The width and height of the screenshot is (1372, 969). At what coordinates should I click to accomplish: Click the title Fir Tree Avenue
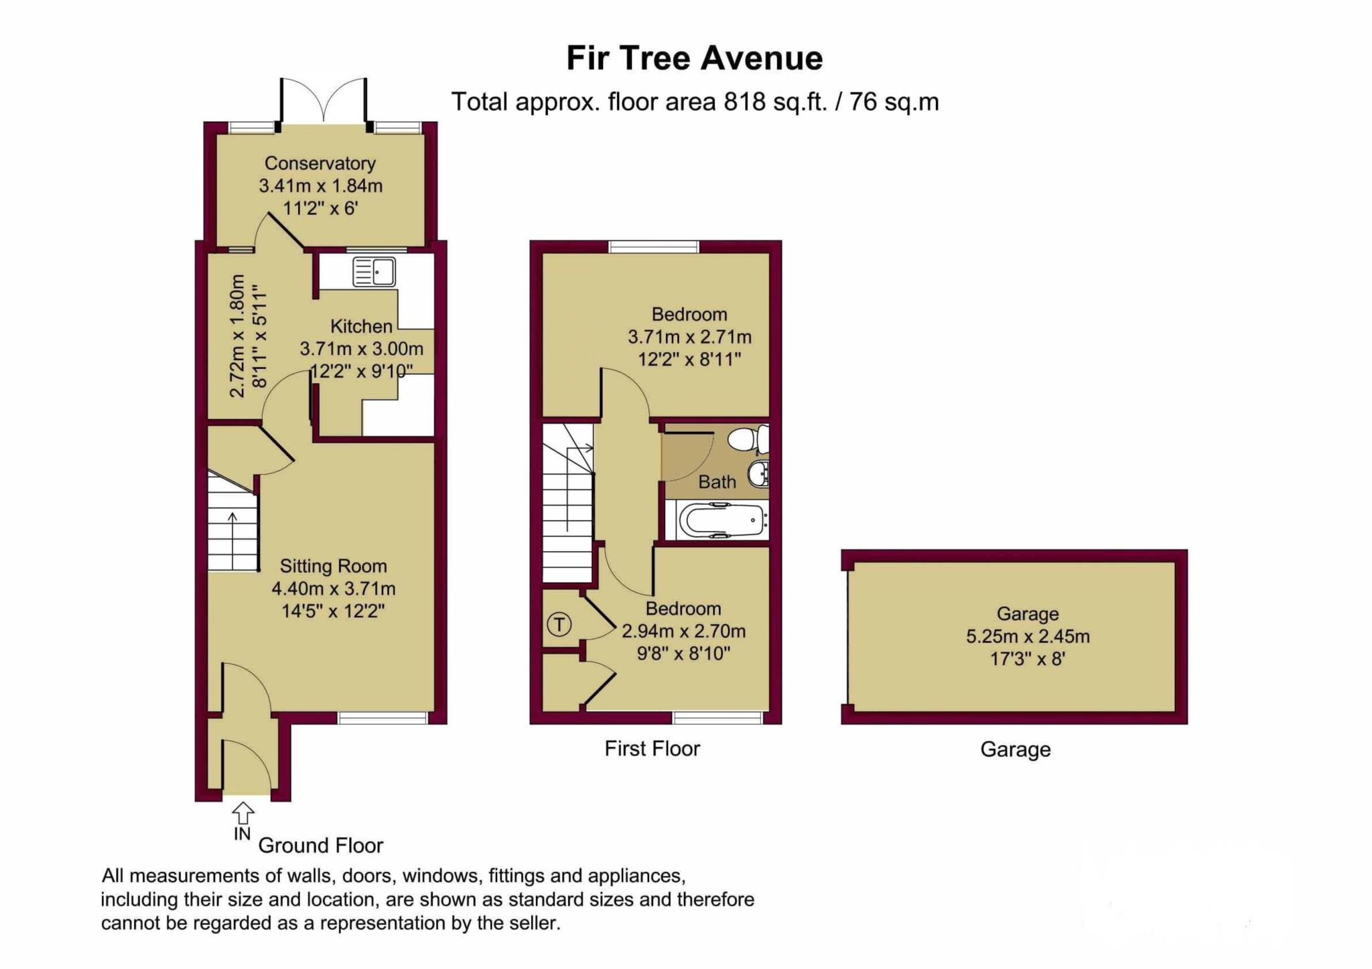[x=694, y=58]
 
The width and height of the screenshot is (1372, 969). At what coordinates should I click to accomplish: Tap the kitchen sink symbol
[x=374, y=273]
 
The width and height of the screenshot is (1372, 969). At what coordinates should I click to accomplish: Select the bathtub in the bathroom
[x=722, y=521]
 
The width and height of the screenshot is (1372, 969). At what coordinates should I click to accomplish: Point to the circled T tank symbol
[x=559, y=625]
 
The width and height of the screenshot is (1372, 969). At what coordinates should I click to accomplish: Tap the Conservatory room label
[x=320, y=163]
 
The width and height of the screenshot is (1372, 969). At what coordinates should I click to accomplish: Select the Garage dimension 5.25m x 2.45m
[x=1027, y=636]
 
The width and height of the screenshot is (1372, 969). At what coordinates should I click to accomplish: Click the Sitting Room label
[x=333, y=566]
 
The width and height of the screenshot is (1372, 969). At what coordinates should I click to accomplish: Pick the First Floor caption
[x=652, y=748]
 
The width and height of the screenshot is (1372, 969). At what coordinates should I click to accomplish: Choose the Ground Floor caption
[x=320, y=845]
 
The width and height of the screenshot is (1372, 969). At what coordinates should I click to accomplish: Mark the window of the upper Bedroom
[x=654, y=246]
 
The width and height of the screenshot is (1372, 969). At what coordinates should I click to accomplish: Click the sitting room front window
[x=383, y=718]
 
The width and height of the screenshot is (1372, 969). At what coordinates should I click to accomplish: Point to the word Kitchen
[x=361, y=326]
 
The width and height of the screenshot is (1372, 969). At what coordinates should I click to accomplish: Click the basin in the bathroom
[x=758, y=473]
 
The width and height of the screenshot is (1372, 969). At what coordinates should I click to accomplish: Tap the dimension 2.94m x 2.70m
[x=683, y=631]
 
